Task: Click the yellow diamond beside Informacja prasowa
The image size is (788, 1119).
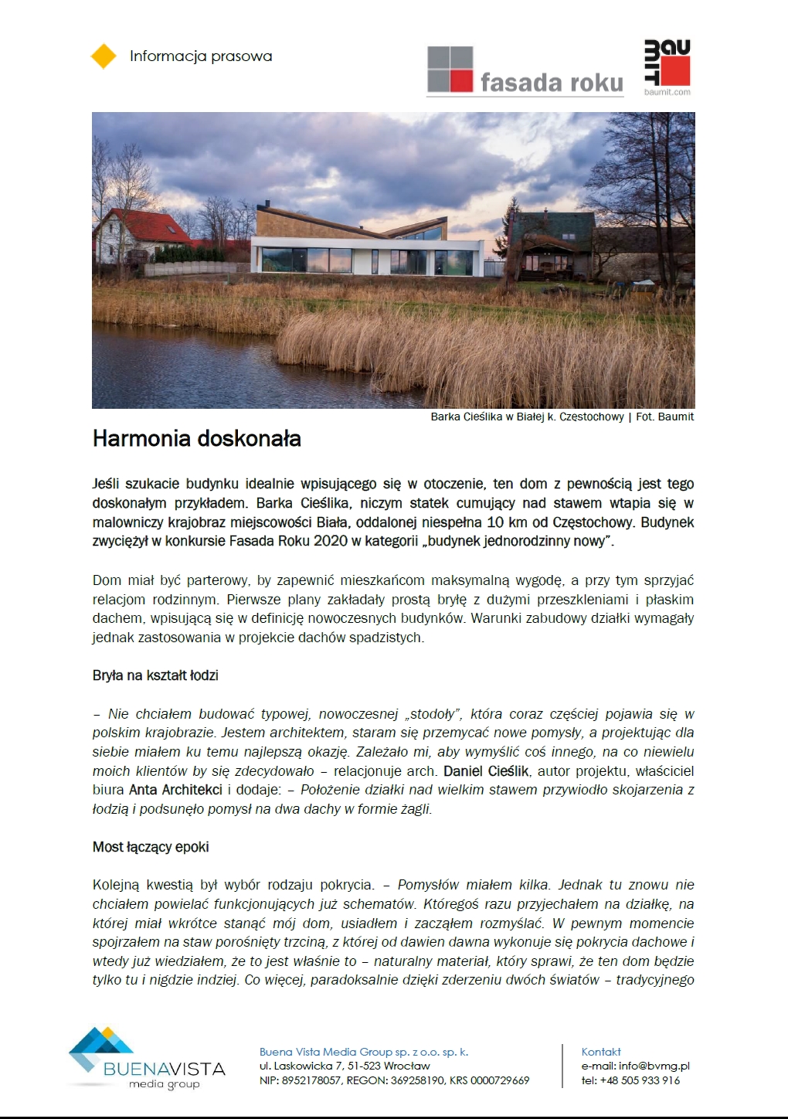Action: pyautogui.click(x=104, y=56)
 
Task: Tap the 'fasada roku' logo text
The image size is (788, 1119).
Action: pyautogui.click(x=551, y=83)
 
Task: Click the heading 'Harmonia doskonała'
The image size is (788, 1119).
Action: pyautogui.click(x=197, y=439)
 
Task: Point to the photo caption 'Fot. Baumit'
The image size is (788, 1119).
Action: pyautogui.click(x=664, y=417)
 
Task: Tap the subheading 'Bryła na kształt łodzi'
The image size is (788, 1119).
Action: pyautogui.click(x=155, y=675)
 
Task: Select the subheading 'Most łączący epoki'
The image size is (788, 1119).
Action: pyautogui.click(x=151, y=847)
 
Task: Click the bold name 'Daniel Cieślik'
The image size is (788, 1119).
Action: pyautogui.click(x=487, y=771)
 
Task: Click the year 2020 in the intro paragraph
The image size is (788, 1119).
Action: pyautogui.click(x=331, y=541)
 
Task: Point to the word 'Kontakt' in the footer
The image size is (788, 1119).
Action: pyautogui.click(x=601, y=1052)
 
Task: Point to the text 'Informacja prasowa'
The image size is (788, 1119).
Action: pyautogui.click(x=201, y=56)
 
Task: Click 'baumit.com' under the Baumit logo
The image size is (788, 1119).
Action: pyautogui.click(x=667, y=92)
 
